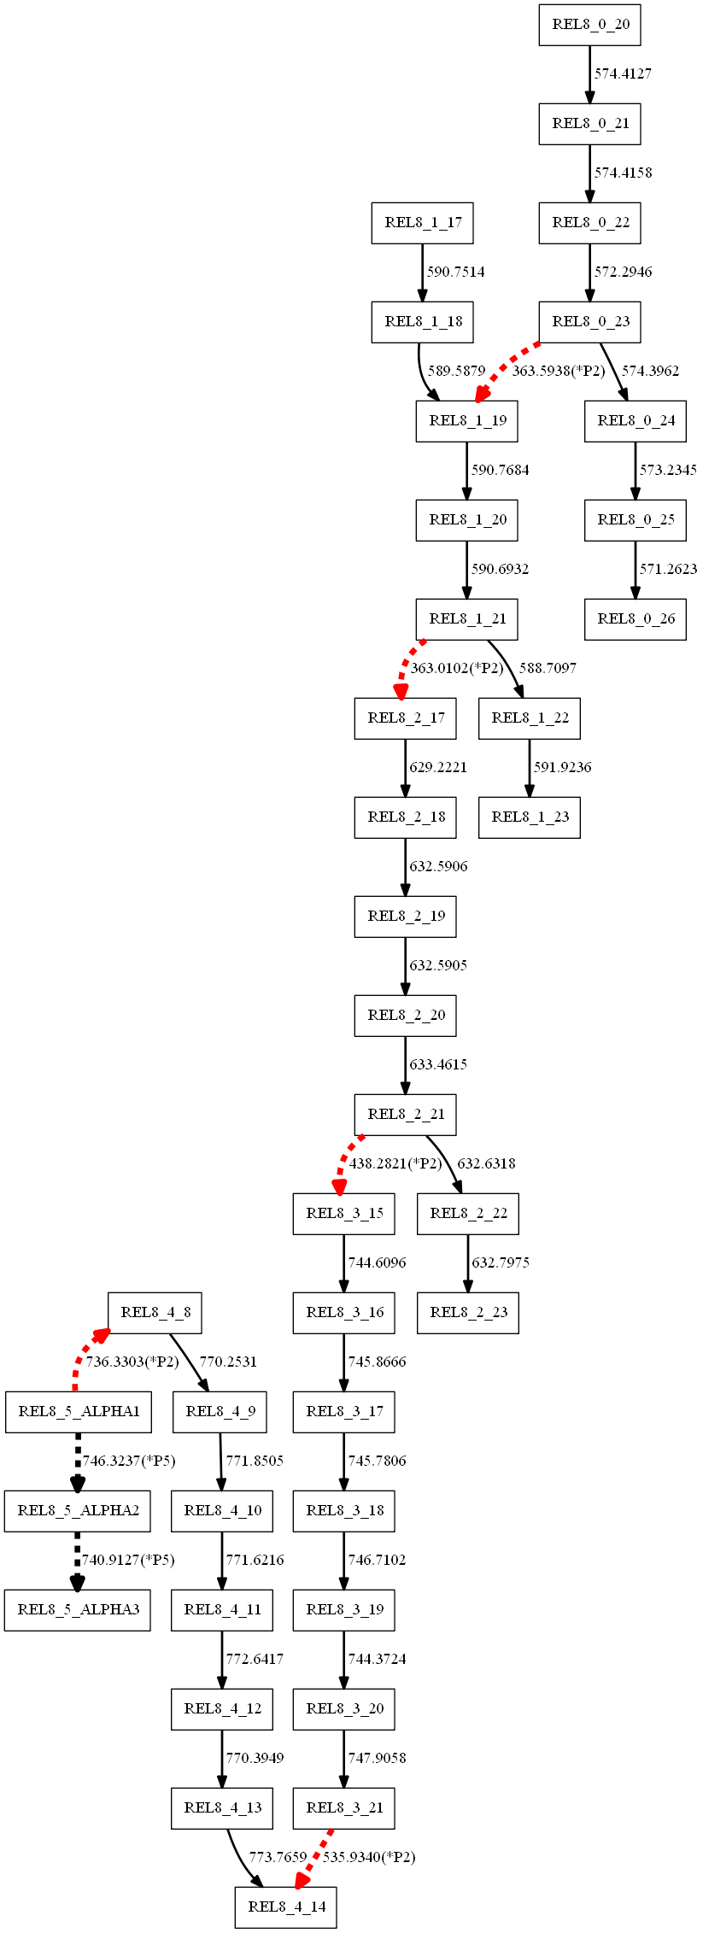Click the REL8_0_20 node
589,25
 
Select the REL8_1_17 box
422,223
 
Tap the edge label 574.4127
623,74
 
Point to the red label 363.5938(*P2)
558,371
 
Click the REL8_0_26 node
635,619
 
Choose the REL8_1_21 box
466,619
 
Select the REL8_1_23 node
529,817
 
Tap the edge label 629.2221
438,767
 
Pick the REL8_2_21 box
405,1115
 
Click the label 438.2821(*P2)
395,1163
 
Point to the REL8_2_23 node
467,1313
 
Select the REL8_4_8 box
155,1313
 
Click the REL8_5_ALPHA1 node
78,1412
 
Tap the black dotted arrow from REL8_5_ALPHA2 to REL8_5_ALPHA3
78,1560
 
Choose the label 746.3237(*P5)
129,1461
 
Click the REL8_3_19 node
343,1610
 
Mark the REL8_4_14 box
285,1907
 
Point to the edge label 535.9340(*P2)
369,1857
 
